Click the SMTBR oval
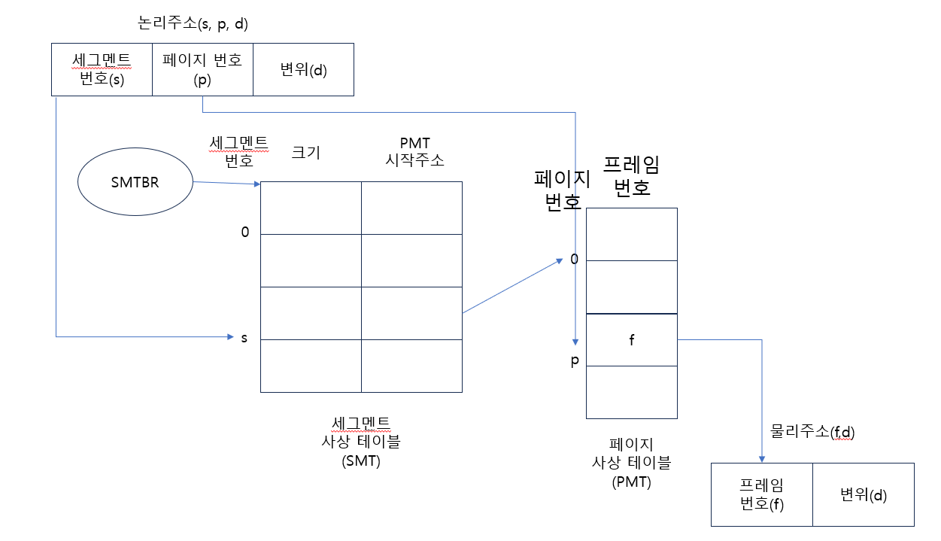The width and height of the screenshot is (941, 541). tap(135, 182)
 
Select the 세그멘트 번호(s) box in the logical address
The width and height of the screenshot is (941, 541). tap(102, 69)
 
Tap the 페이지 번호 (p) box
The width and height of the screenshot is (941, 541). tap(202, 69)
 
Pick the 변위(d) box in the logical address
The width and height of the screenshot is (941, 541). tap(303, 69)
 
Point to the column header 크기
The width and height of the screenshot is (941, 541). tap(305, 153)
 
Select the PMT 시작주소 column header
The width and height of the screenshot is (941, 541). tap(414, 151)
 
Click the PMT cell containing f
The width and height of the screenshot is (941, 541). tap(632, 340)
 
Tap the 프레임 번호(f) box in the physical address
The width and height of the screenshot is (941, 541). tap(762, 494)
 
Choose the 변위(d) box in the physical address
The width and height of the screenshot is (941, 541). tap(864, 494)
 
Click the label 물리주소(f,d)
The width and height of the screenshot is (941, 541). tap(813, 432)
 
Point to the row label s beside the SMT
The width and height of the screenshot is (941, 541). tap(244, 338)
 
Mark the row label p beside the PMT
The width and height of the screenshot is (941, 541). tap(575, 361)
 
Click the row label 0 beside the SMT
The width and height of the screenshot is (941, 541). tap(244, 233)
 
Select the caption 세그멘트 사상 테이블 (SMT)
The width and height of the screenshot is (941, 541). tap(361, 442)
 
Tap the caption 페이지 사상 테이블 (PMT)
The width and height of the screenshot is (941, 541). tap(632, 463)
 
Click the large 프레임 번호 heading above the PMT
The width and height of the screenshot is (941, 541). tap(627, 176)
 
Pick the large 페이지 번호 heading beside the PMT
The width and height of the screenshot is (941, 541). tap(558, 191)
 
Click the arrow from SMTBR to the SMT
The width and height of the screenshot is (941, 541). tap(226, 183)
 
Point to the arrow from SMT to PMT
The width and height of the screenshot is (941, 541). tap(511, 287)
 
